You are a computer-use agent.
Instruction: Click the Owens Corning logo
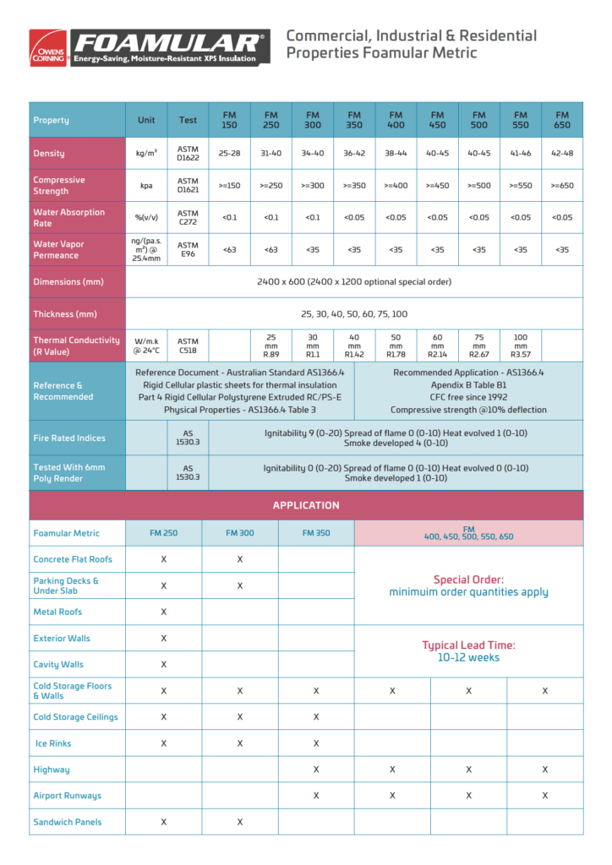[x=47, y=48]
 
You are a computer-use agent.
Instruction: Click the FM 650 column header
[x=561, y=120]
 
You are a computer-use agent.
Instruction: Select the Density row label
[x=49, y=154]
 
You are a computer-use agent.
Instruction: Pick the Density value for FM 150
[x=229, y=154]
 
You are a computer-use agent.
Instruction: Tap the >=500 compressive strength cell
[x=478, y=185]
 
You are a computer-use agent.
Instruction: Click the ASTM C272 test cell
[x=188, y=217]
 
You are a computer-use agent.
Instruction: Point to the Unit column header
[x=146, y=120]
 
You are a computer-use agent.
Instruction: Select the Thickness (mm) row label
[x=66, y=314]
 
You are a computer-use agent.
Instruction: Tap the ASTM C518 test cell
[x=188, y=346]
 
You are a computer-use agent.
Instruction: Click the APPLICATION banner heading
[x=306, y=505]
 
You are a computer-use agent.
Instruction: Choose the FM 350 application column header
[x=316, y=533]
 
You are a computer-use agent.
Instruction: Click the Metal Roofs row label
[x=57, y=612]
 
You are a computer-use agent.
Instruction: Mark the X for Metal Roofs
[x=164, y=612]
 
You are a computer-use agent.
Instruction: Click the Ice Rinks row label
[x=53, y=743]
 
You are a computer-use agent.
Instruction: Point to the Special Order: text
[x=468, y=579]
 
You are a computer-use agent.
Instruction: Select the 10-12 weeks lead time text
[x=468, y=657]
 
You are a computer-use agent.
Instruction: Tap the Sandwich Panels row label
[x=68, y=822]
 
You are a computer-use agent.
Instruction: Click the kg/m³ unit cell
[x=146, y=154]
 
